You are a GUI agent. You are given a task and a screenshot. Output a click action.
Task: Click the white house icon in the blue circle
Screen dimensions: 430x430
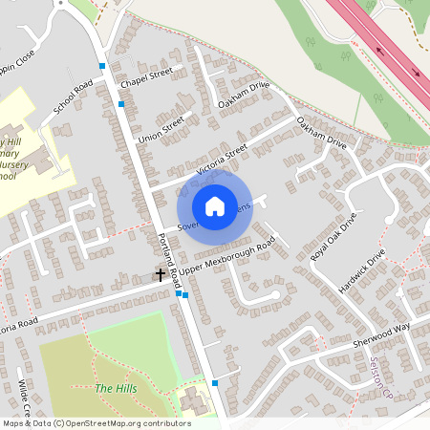click(x=215, y=205)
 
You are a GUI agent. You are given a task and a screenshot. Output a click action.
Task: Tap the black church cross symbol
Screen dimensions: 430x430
click(x=161, y=275)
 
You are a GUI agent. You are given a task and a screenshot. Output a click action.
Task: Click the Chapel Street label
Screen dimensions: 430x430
click(x=146, y=73)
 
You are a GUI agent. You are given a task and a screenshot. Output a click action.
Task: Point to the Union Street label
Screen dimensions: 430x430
click(x=160, y=130)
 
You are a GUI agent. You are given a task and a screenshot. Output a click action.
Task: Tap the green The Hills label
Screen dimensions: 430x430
click(x=116, y=389)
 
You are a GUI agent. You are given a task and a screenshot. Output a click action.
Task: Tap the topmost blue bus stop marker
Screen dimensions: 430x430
click(x=102, y=65)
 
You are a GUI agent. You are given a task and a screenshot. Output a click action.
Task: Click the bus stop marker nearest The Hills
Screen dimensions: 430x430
click(x=216, y=382)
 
